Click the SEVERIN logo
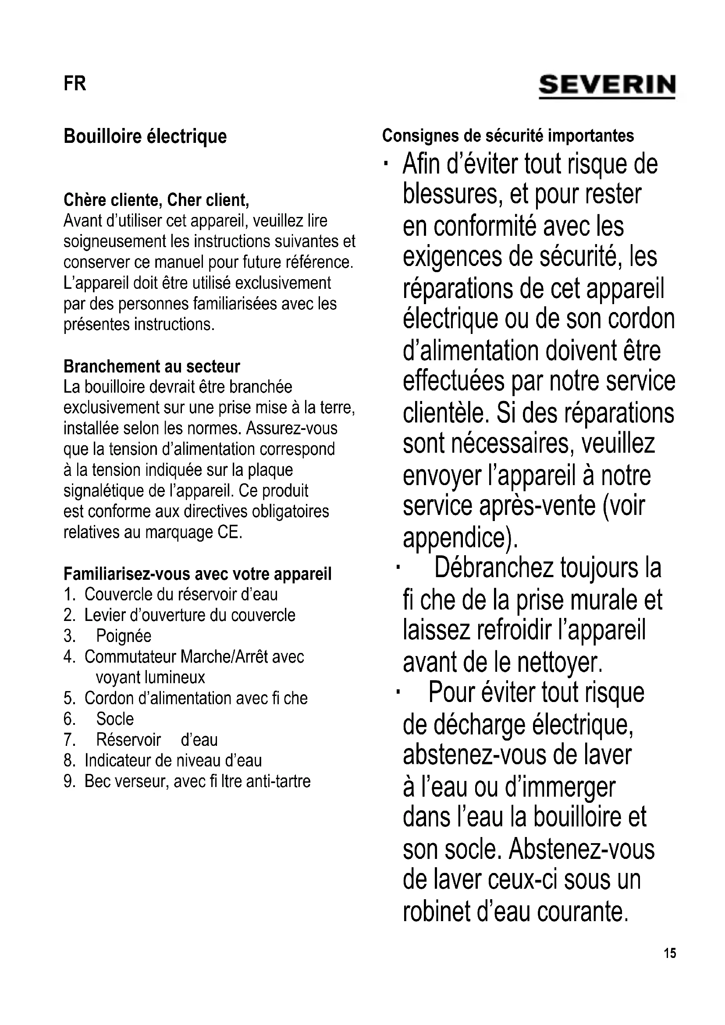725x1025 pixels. point(607,85)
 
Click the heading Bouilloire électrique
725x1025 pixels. point(145,136)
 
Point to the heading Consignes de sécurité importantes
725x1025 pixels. point(508,135)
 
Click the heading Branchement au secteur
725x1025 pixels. point(152,366)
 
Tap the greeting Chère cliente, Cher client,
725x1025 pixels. point(156,199)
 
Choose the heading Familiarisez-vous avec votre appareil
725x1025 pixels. point(197,574)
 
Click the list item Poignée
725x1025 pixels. point(124,636)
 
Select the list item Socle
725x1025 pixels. point(115,719)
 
